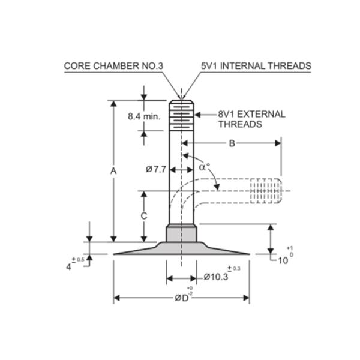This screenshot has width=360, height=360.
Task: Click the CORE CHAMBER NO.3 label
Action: click(113, 66)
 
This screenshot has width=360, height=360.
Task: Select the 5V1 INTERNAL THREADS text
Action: click(256, 66)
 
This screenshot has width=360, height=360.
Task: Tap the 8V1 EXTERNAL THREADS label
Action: click(251, 119)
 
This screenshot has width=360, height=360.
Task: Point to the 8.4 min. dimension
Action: click(144, 116)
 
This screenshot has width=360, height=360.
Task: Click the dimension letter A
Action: click(113, 171)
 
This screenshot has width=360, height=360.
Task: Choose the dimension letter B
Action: click(232, 143)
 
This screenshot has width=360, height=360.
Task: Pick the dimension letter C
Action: click(144, 216)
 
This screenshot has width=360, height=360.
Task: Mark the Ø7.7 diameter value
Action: click(156, 170)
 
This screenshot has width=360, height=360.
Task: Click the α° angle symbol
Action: click(205, 167)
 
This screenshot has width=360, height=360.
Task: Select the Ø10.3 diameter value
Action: click(216, 277)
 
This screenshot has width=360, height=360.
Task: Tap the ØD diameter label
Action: click(182, 298)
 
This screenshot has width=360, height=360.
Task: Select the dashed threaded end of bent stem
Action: click(266, 191)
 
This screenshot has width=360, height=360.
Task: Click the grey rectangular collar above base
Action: click(181, 233)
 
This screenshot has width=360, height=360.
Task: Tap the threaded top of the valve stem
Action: click(182, 115)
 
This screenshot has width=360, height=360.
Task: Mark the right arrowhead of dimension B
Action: click(278, 143)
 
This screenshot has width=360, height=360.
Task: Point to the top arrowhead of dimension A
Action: click(113, 104)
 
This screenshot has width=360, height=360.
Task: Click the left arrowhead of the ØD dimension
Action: click(117, 298)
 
